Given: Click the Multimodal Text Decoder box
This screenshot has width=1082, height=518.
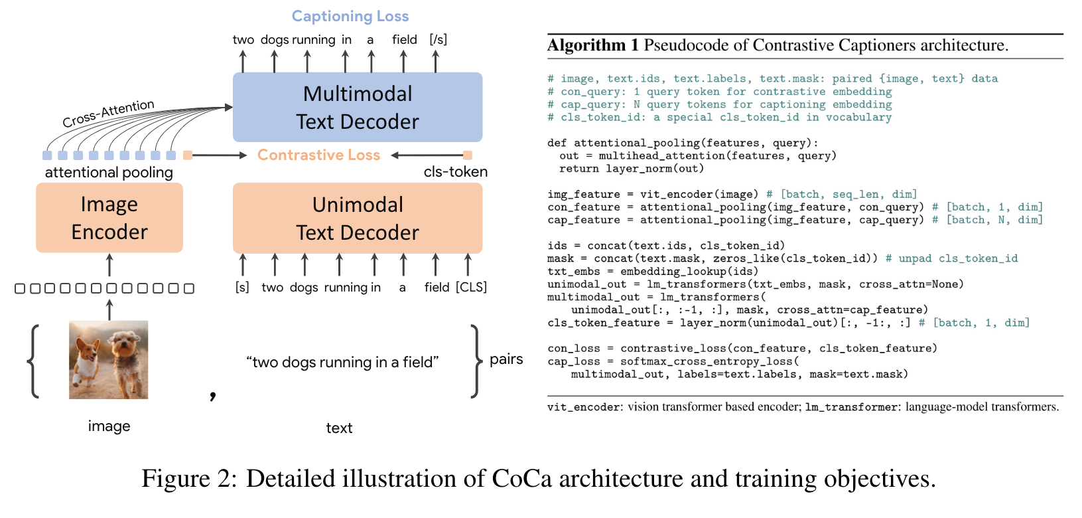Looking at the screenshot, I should click(x=357, y=108).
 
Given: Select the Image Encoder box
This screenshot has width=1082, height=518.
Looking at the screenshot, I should click(x=109, y=218).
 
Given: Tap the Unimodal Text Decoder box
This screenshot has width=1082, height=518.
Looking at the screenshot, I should click(x=357, y=218).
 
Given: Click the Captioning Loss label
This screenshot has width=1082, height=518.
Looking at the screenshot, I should click(x=350, y=17).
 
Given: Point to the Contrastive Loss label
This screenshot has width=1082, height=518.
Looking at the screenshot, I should click(x=318, y=155).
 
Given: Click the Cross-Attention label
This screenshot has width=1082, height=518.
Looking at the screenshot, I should click(x=108, y=114).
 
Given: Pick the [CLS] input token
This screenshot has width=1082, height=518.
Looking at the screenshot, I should click(x=471, y=287).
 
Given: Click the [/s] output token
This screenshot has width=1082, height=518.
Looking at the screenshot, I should click(x=439, y=40).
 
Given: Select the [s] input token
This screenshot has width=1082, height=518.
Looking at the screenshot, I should click(x=243, y=287).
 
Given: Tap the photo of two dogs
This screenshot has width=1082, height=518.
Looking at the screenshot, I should click(x=109, y=360).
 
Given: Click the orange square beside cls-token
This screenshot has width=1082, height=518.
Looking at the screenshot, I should click(x=468, y=155).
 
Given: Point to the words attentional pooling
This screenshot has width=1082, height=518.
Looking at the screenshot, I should click(x=109, y=173).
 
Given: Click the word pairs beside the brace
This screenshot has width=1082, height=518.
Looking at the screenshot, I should click(x=506, y=359).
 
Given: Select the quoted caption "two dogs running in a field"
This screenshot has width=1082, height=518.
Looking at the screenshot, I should click(x=342, y=362).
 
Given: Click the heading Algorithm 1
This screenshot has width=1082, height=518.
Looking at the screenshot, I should click(x=592, y=45).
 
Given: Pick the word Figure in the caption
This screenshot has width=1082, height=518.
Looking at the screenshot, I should click(x=175, y=478).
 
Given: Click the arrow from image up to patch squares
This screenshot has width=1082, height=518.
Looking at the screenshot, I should click(x=109, y=310).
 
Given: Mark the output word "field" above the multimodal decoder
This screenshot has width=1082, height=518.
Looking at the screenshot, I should click(x=404, y=40).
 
